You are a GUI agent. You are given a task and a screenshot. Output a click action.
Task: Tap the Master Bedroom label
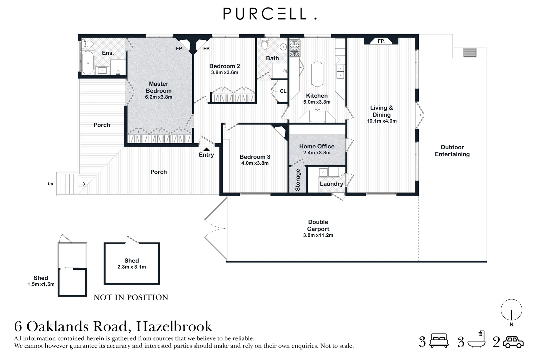pos(159,87)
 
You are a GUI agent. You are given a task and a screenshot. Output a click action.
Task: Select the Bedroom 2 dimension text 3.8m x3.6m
pos(225,72)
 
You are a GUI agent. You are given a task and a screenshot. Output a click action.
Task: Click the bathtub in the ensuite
pos(88,63)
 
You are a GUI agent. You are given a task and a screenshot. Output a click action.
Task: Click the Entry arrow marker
pos(207,150)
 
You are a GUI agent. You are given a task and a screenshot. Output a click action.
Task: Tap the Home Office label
pos(316,146)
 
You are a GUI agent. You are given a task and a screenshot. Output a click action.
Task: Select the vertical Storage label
pos(297,180)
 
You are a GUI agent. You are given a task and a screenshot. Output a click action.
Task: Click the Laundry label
pos(331,184)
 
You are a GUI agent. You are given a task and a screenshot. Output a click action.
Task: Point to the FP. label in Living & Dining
pos(381,41)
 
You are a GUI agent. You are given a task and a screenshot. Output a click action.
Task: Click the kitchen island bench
pos(317,73)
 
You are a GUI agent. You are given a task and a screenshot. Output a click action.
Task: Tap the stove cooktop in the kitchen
pos(294,48)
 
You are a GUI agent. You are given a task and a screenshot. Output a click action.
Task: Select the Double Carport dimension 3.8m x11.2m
pos(318,235)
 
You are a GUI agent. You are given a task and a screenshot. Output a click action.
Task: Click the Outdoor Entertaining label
pos(452,151)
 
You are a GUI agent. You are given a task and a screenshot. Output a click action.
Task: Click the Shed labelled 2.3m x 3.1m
pos(132,263)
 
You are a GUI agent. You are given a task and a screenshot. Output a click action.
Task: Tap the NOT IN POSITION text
pos(131,297)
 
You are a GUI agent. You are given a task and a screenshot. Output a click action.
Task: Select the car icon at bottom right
pos(513,342)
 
